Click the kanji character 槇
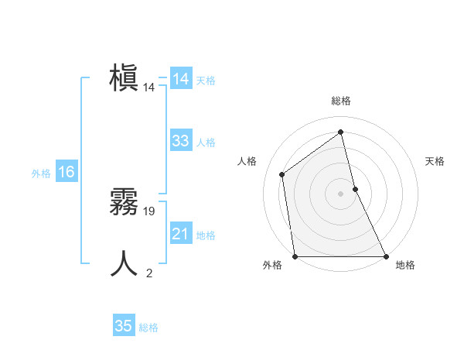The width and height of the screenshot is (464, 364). pyautogui.click(x=124, y=79)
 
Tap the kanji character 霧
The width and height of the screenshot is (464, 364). pyautogui.click(x=124, y=203)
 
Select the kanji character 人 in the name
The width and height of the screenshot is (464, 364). pyautogui.click(x=124, y=264)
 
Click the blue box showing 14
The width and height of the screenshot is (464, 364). pyautogui.click(x=181, y=79)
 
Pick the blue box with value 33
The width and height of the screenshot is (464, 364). pyautogui.click(x=181, y=141)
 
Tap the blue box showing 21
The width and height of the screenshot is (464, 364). pyautogui.click(x=181, y=234)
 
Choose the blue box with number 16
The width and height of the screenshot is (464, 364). pyautogui.click(x=67, y=172)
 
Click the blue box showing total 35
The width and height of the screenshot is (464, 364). pyautogui.click(x=124, y=326)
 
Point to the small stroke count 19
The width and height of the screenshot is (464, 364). pyautogui.click(x=150, y=211)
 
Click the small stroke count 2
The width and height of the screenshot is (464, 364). pyautogui.click(x=149, y=273)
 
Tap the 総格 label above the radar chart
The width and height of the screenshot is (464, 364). pyautogui.click(x=341, y=101)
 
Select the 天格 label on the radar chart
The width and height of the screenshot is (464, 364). pyautogui.click(x=435, y=161)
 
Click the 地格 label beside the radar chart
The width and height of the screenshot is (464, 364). pyautogui.click(x=405, y=266)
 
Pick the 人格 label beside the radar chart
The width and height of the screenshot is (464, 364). pyautogui.click(x=247, y=161)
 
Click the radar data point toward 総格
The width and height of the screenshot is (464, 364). pyautogui.click(x=341, y=132)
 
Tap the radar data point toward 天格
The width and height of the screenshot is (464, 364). pyautogui.click(x=355, y=189)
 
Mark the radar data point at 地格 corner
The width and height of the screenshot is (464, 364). pyautogui.click(x=385, y=256)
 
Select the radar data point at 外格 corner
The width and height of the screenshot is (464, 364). pyautogui.click(x=295, y=256)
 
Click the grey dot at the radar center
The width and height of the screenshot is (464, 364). pyautogui.click(x=341, y=194)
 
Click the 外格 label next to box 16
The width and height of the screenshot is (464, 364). pyautogui.click(x=41, y=173)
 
